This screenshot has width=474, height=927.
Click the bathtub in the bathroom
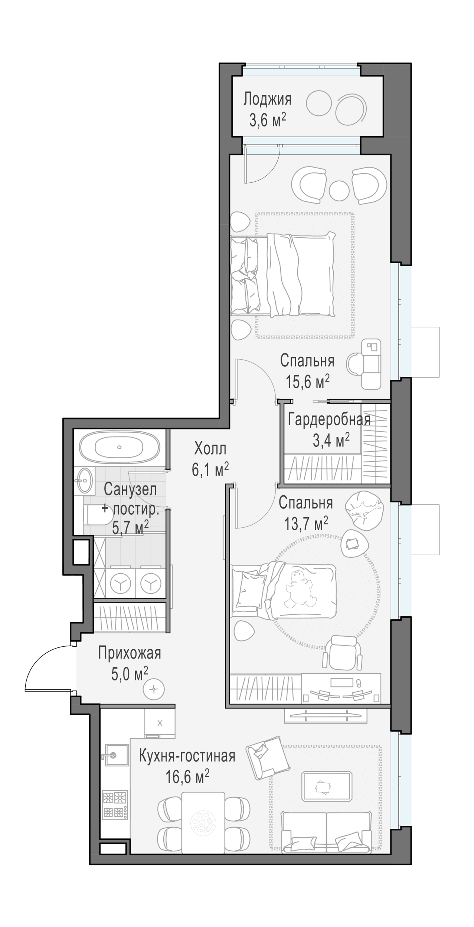click(119, 447)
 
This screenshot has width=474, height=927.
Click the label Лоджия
click(267, 100)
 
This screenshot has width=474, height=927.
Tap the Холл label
click(210, 450)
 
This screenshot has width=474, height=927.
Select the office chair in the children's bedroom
click(343, 653)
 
